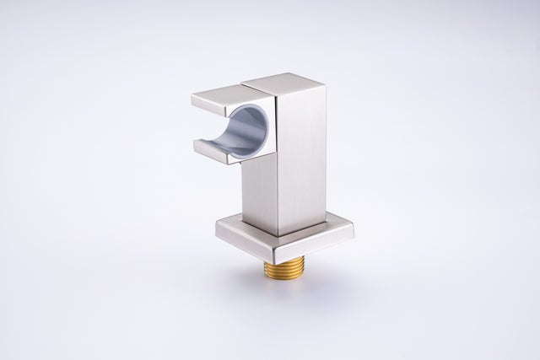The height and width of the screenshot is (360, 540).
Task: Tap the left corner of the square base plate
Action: pyautogui.click(x=217, y=226)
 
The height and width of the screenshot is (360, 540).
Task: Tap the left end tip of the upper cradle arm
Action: pyautogui.click(x=193, y=100)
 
